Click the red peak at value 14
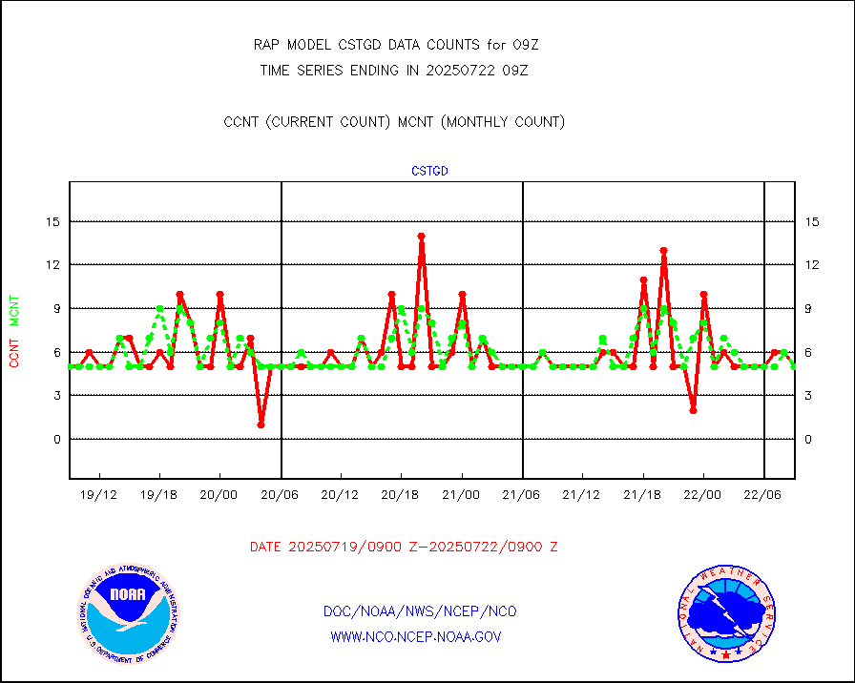tap(421, 236)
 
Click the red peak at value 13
tap(663, 250)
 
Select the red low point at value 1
tap(261, 424)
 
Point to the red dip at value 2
tap(693, 410)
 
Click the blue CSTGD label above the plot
tap(429, 172)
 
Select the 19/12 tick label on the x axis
tap(98, 496)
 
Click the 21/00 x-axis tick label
tap(462, 496)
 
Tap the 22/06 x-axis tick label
tap(763, 496)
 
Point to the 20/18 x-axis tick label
tap(401, 496)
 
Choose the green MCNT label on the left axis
tap(14, 312)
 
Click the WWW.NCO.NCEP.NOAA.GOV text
tap(415, 636)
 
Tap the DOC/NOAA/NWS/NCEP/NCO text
tap(420, 611)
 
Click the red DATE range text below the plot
tap(404, 548)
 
